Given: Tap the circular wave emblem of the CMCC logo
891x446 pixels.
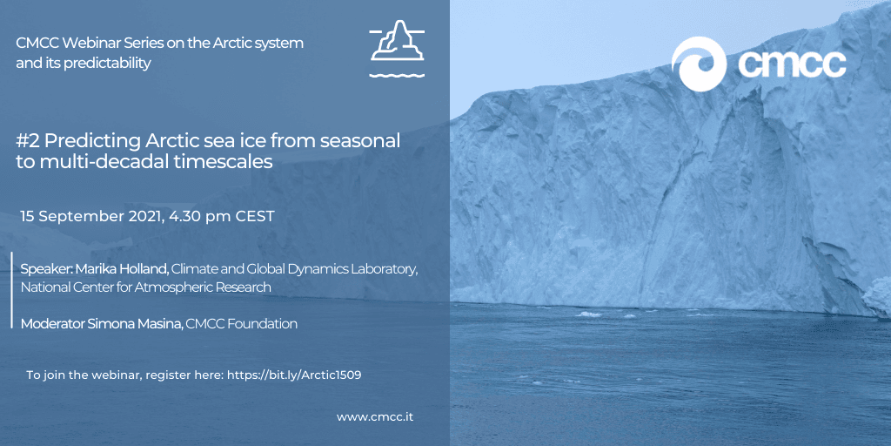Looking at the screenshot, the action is pos(699,64).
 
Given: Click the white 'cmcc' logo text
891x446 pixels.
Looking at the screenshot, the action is pos(792,64).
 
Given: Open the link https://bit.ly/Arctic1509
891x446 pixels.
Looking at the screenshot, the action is pos(294,375).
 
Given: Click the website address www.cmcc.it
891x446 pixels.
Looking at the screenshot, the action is pos(375,417).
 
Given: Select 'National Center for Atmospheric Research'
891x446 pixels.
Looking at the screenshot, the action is pos(146,287).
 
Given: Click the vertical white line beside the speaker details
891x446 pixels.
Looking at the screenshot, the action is pos(12,289).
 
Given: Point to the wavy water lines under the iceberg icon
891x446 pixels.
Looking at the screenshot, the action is pos(397,75).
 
